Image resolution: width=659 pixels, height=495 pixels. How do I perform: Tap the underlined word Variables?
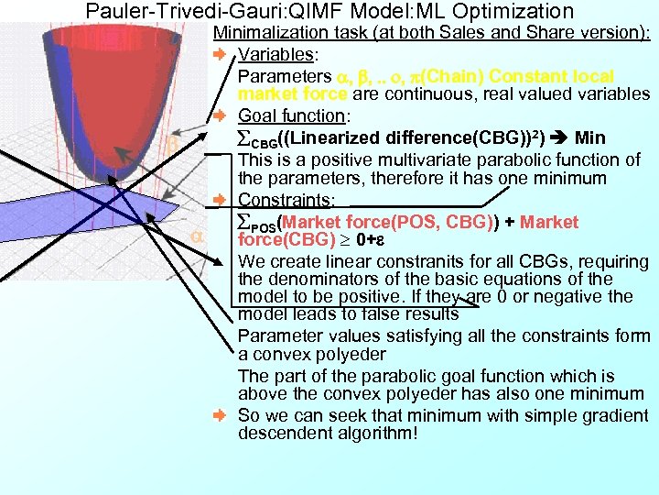pos(277,53)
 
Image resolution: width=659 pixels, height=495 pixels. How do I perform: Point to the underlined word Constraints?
pos(284,200)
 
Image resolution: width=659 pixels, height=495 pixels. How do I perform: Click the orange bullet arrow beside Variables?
pos(220,54)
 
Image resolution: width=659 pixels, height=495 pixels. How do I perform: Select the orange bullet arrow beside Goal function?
pos(220,116)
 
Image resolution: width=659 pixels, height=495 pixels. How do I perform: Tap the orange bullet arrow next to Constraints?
pos(220,200)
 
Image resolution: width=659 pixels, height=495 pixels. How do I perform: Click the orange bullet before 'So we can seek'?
pos(220,415)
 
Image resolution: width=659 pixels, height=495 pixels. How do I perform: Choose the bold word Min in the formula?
pos(590,138)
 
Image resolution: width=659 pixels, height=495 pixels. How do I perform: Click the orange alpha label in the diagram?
pos(194,237)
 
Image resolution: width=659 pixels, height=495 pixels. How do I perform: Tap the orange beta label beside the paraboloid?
pos(171,145)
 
